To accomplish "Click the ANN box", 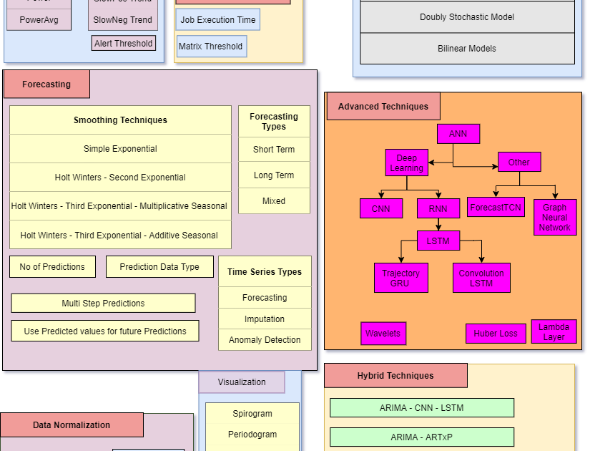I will point(458,134).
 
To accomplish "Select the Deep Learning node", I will point(406,163).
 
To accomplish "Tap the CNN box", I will point(380,208).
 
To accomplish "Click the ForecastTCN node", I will point(496,208).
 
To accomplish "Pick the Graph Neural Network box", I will point(554,218).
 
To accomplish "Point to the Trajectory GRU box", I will point(400,278).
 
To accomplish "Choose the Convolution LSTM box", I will point(481,278).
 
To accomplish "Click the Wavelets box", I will point(383,334).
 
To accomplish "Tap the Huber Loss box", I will point(495,334).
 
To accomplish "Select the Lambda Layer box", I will point(554,332).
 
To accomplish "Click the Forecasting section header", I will point(46,84).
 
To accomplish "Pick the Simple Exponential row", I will point(120,149).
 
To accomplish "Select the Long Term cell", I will point(274,175).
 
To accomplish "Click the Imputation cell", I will point(265,319).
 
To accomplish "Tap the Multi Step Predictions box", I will point(103,303).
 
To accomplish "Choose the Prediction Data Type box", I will point(159,267).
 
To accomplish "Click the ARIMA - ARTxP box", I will point(422,437).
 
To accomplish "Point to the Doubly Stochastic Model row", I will point(467,17).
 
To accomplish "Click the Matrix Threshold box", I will point(211,47).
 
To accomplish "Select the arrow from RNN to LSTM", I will point(438,224).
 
